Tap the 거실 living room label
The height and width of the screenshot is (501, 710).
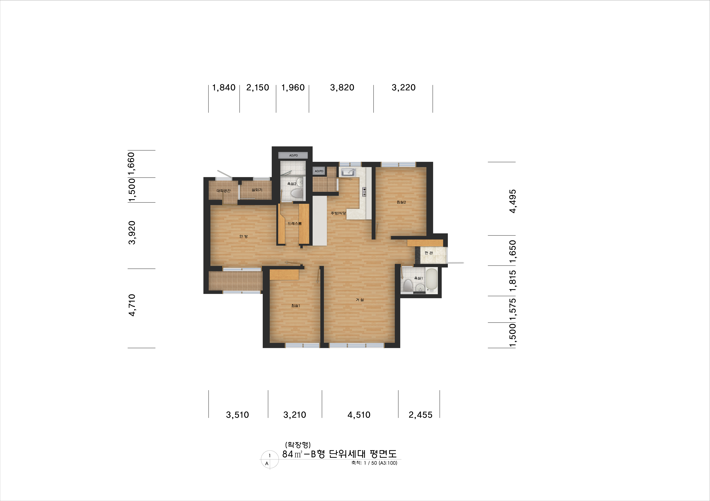[x=360, y=300]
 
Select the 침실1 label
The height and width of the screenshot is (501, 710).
[x=296, y=305]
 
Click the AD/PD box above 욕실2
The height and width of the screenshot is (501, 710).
[x=293, y=155]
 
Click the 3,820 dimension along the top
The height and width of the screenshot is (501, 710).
[x=342, y=88]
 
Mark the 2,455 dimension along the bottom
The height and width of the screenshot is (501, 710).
[x=420, y=415]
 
